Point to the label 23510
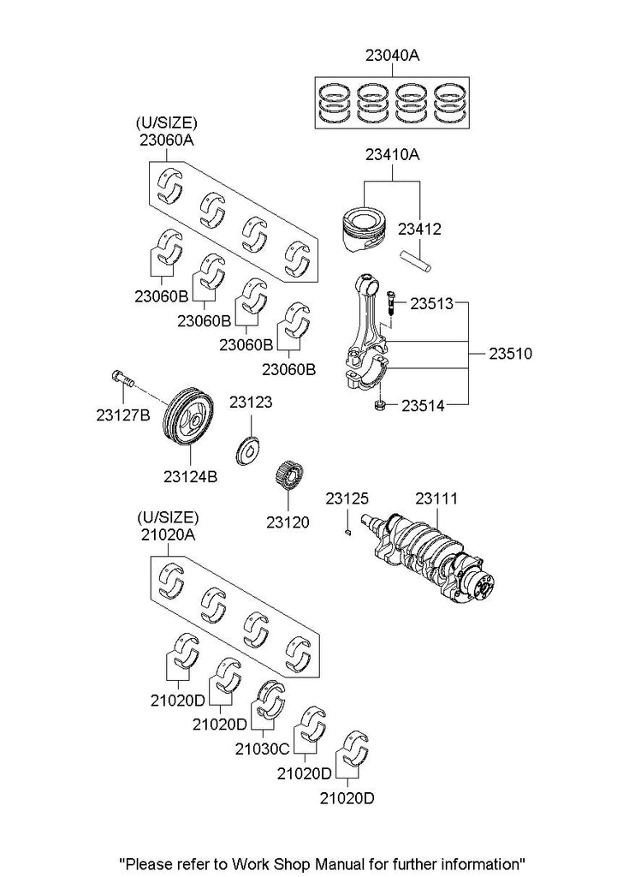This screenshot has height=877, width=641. (x=510, y=352)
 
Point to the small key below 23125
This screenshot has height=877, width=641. (x=348, y=533)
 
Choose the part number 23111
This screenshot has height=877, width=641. (x=436, y=498)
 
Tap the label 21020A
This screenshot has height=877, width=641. (x=167, y=534)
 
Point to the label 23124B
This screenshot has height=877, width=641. (x=188, y=472)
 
